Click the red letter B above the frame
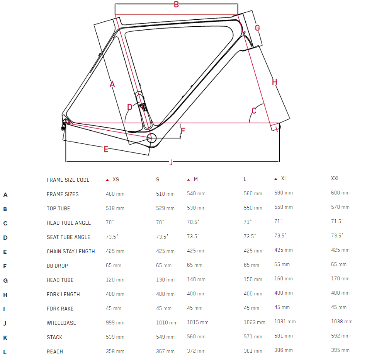point(176,5)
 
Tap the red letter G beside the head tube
point(257,28)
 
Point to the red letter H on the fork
point(275,82)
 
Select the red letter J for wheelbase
point(171,162)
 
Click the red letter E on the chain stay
point(106,149)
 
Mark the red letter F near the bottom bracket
point(183,131)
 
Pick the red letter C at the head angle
point(254,111)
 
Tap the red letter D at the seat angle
point(130,107)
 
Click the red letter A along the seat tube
point(112,84)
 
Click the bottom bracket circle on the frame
point(151,137)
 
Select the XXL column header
point(335,179)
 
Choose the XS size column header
point(116,180)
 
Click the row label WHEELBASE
point(61,323)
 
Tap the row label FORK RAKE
point(60,309)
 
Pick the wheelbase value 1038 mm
point(342,321)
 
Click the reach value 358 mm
point(115,351)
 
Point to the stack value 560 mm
point(196,336)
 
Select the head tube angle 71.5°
point(337,221)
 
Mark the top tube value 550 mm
point(253,208)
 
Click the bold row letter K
point(5,338)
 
